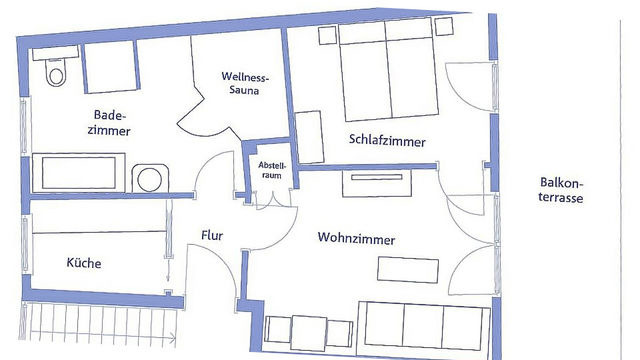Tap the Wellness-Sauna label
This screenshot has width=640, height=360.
point(243,84)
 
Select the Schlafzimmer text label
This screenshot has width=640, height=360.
point(387,142)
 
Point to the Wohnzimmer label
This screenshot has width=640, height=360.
point(356,239)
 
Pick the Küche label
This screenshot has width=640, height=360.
point(84,263)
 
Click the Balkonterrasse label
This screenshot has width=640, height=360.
point(561,190)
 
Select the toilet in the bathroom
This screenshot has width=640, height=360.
point(55,70)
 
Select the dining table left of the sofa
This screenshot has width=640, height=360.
point(309,332)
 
